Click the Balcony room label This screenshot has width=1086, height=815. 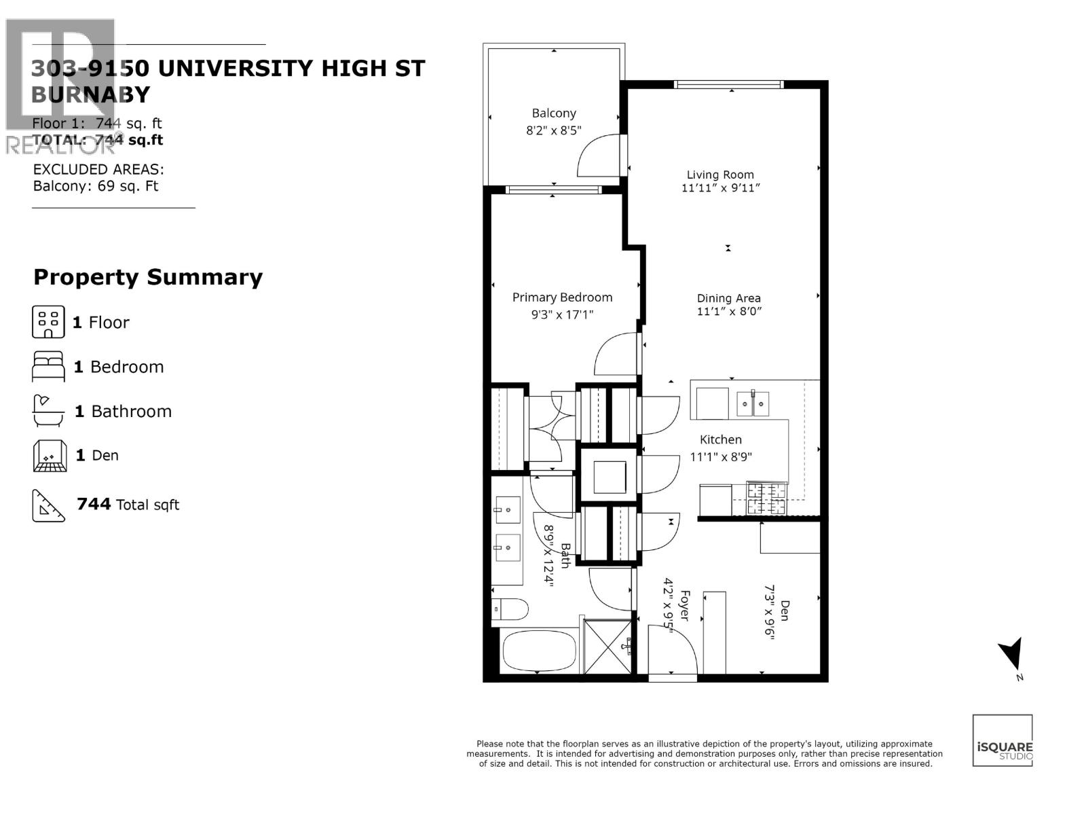pyautogui.click(x=554, y=113)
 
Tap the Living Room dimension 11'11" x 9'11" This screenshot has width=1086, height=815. pyautogui.click(x=720, y=188)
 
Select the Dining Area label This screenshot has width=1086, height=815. pyautogui.click(x=728, y=298)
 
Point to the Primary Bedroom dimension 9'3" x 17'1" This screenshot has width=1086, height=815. pyautogui.click(x=562, y=314)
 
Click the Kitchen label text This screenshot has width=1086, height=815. pyautogui.click(x=720, y=439)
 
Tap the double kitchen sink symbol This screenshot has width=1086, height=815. pyautogui.click(x=753, y=405)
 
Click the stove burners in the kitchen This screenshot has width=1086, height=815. pyautogui.click(x=766, y=499)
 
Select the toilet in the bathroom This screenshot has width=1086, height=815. pyautogui.click(x=510, y=610)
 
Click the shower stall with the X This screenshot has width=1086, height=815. pyautogui.click(x=607, y=646)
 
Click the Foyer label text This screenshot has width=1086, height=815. pyautogui.click(x=684, y=606)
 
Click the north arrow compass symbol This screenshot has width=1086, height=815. pyautogui.click(x=1011, y=655)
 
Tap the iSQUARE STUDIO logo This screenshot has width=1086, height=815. pyautogui.click(x=1003, y=740)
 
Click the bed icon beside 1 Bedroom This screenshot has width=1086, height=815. pyautogui.click(x=48, y=367)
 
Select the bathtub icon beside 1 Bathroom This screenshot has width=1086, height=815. pyautogui.click(x=48, y=411)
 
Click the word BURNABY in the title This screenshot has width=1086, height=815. pyautogui.click(x=90, y=94)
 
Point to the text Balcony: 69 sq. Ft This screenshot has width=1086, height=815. pyautogui.click(x=96, y=186)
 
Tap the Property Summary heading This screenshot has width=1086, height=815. pyautogui.click(x=148, y=277)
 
